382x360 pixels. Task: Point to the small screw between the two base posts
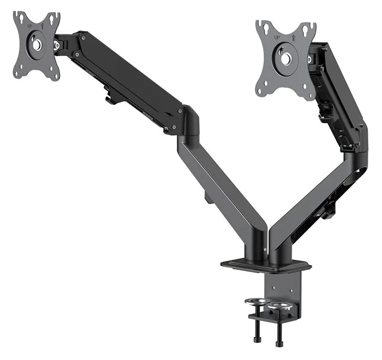[266, 250]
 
